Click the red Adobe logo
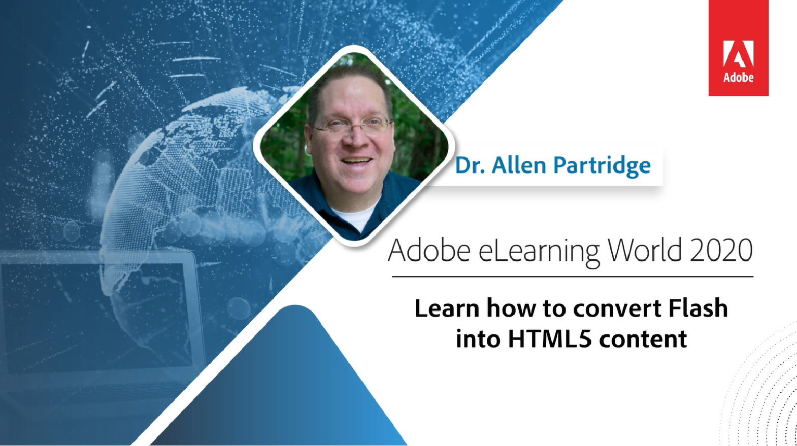(x=738, y=48)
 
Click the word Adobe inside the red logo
(x=738, y=78)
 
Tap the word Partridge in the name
(x=602, y=166)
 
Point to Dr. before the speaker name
(x=470, y=165)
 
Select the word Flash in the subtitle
(x=698, y=308)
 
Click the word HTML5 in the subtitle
(x=550, y=338)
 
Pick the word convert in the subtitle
(x=617, y=309)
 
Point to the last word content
(x=643, y=339)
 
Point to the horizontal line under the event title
(x=573, y=277)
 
